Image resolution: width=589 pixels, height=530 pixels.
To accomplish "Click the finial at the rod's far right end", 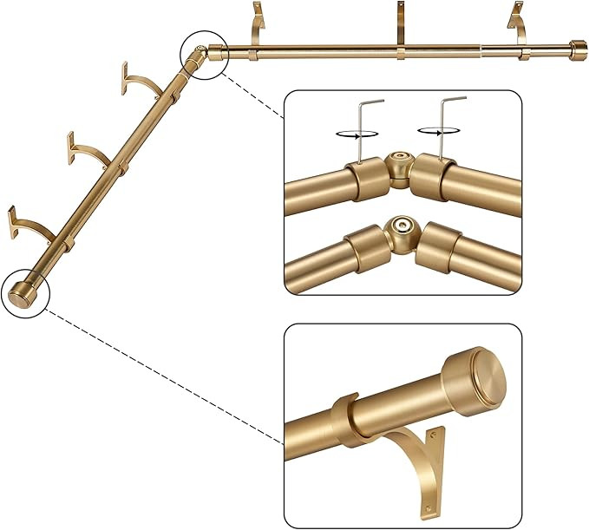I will [x=577, y=49].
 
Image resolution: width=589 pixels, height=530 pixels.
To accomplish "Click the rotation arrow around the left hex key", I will [x=350, y=134].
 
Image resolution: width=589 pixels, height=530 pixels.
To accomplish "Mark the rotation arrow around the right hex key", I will [x=433, y=131].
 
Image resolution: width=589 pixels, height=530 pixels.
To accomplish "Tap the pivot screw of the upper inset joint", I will [x=400, y=162].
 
